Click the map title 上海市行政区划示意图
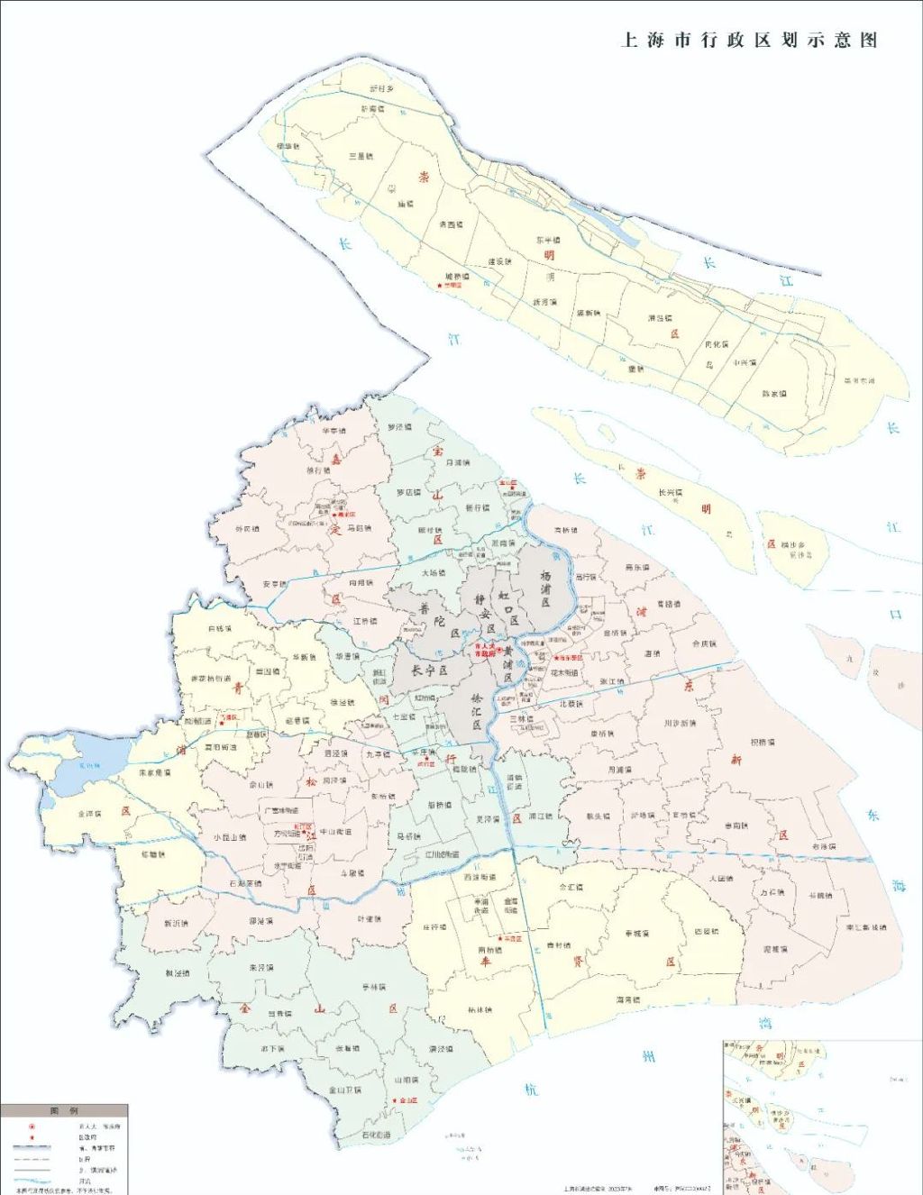[749, 41]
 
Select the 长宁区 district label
[429, 670]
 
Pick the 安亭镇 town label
[275, 585]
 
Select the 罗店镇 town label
[409, 493]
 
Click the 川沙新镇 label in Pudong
[680, 723]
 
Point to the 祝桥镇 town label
[763, 743]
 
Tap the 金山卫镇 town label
[344, 1090]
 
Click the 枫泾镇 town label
[177, 973]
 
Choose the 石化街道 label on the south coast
[376, 1135]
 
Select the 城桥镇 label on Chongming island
[457, 277]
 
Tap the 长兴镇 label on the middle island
[671, 493]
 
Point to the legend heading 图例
[63, 1110]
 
